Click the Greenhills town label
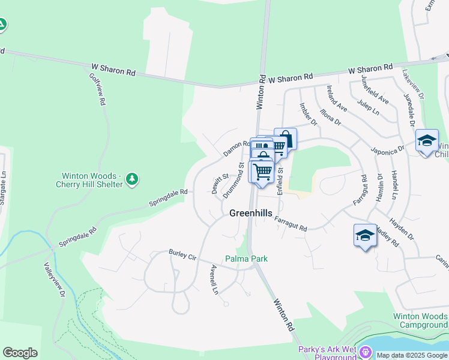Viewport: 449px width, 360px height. coord(251,213)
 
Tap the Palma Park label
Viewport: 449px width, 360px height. coord(246,259)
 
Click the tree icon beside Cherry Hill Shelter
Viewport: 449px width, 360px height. coord(132,179)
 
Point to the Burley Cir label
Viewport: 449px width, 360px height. coord(182,254)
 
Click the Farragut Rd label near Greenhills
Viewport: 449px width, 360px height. coord(291,224)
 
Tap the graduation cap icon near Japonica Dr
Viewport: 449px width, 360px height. coord(426,141)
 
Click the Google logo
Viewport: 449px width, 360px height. coord(20,353)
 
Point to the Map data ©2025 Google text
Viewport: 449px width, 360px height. coord(412,355)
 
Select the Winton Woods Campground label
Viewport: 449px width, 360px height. coord(420,320)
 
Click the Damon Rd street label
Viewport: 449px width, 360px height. coord(237,149)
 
